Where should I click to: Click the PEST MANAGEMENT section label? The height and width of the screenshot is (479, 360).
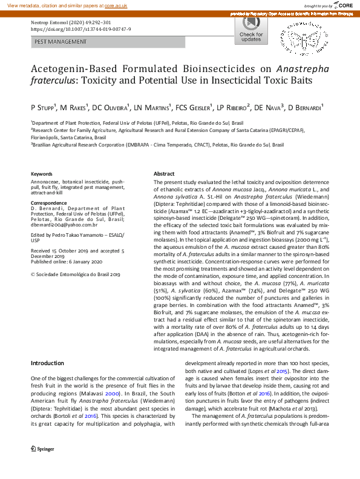tap(61, 42)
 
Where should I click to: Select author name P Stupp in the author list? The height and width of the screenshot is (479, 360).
tap(43, 107)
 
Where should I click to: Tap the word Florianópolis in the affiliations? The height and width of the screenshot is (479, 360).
tap(49, 137)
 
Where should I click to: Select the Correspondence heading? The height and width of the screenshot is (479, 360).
tap(48, 203)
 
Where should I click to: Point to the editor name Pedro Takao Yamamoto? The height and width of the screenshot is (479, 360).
tap(76, 234)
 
